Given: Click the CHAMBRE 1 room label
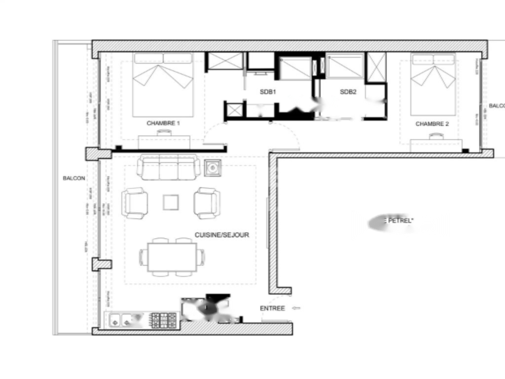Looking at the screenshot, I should [x=163, y=123].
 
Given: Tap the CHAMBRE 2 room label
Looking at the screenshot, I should [x=432, y=124].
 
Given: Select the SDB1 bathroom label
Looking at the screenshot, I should [x=268, y=92].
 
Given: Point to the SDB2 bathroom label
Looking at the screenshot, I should [x=348, y=92].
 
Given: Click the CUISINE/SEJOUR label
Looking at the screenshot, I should [x=221, y=235].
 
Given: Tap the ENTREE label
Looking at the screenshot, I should [x=272, y=308].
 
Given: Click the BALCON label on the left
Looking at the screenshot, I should [x=74, y=179].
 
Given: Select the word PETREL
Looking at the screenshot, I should [x=400, y=221].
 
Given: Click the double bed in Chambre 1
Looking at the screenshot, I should [x=163, y=84].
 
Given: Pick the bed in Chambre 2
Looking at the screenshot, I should [x=433, y=84].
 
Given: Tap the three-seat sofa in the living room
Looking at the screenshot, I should [x=168, y=167].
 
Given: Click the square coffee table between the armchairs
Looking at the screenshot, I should [x=171, y=202].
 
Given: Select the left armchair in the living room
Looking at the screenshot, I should [x=135, y=203].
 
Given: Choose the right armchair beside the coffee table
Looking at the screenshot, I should [x=207, y=203].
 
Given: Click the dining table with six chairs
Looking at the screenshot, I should [x=172, y=257].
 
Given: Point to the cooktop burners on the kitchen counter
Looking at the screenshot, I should [x=163, y=321].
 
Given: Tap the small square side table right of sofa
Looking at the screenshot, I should [x=213, y=168].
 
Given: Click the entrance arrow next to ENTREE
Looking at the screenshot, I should [x=296, y=308].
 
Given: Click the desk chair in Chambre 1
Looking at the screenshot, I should [x=164, y=133].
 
